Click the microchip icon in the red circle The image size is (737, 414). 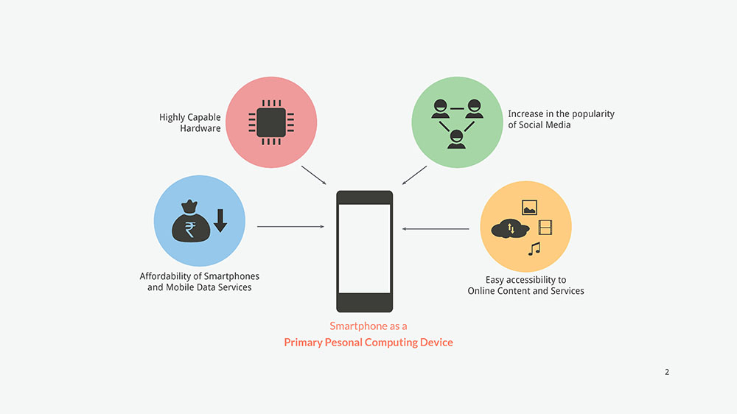click(271, 122)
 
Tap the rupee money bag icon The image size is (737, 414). click(190, 222)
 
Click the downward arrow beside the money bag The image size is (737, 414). click(220, 220)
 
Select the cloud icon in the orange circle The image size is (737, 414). click(509, 228)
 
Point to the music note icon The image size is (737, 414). click(534, 249)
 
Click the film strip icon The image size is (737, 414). click(545, 228)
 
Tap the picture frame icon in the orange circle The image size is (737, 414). click(529, 207)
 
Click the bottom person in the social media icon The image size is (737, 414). click(457, 138)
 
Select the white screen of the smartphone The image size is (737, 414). click(365, 248)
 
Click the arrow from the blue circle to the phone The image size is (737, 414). click(290, 227)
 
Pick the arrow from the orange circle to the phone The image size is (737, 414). click(436, 229)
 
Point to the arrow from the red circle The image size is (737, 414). click(313, 175)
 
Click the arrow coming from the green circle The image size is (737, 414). click(415, 175)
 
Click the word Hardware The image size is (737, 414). click(200, 129)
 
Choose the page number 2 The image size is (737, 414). click(667, 372)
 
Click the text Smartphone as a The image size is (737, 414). click(368, 326)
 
